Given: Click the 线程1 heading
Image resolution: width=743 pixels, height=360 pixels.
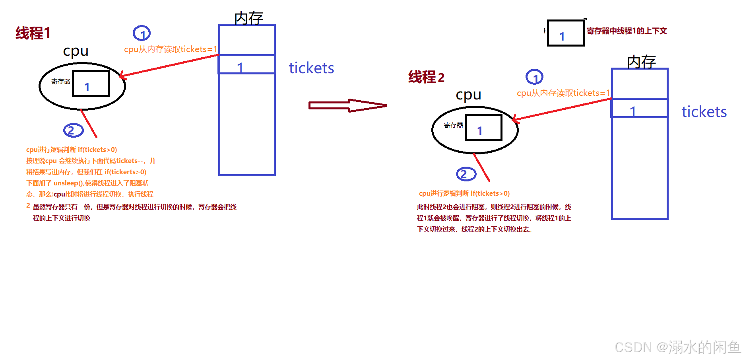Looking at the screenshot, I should point(33,33).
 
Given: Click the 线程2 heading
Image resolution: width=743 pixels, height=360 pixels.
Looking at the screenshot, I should point(426,77).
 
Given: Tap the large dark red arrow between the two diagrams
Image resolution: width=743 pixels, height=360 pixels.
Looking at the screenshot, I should point(347,105).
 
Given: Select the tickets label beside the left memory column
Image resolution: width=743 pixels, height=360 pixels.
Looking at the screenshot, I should point(311,68).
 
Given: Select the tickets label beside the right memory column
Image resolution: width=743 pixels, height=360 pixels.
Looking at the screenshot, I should point(704,112).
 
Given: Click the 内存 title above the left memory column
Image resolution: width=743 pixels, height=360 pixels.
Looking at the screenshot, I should point(249,18).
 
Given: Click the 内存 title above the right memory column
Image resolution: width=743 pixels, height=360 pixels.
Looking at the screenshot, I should point(641,62).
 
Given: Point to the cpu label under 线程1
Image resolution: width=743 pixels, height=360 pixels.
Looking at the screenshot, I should point(76,51).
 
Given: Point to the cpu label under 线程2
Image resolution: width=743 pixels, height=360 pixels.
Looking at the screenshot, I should point(468,95).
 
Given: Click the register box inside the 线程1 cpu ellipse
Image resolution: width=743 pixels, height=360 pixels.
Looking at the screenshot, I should point(91,84).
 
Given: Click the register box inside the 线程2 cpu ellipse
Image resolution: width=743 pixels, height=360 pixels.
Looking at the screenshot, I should point(483,128).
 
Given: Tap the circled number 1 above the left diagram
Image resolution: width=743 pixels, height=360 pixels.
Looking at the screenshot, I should point(142,33).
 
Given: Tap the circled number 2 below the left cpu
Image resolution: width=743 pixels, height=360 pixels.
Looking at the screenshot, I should point(73,130).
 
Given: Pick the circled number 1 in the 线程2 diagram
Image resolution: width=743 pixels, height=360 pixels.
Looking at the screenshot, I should point(534,77).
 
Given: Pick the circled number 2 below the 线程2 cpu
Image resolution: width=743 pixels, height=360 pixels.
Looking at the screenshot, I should point(466,174).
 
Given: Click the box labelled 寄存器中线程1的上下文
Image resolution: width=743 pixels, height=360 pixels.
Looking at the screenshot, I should point(565,33).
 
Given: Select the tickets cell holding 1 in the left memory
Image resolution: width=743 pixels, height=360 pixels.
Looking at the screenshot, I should point(247,65).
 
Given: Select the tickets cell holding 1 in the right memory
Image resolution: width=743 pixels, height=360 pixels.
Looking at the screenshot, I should point(640,109).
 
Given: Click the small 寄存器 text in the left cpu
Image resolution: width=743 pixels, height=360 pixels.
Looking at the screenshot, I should point(61,82).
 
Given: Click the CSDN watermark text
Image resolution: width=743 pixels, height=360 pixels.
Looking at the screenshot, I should point(677,347).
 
